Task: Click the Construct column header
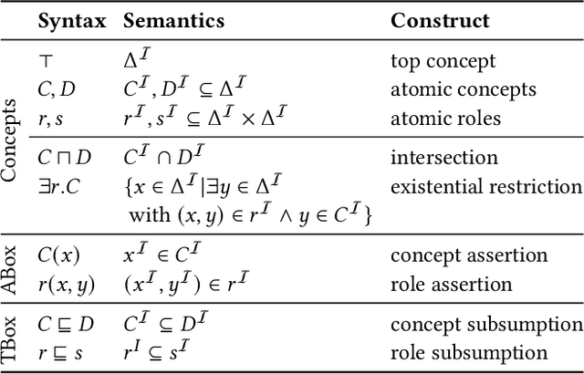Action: pos(440,20)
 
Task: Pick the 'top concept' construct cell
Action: pos(443,62)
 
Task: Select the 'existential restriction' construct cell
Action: pos(485,187)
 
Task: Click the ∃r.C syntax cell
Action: pos(59,187)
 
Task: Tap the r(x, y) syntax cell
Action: pos(65,284)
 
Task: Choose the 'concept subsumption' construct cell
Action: pos(485,325)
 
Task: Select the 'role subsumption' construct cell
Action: pos(468,352)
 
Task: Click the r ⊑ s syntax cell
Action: pos(58,352)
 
